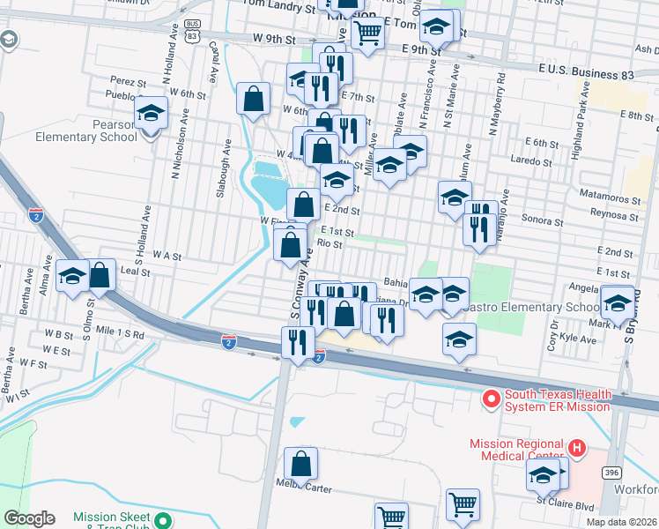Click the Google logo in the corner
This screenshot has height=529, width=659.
[x=29, y=518]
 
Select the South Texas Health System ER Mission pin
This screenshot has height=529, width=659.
[x=491, y=400]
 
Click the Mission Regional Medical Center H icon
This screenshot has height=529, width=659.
[x=577, y=449]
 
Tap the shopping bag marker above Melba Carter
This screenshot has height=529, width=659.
[x=300, y=464]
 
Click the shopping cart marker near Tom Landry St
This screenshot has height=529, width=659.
[x=367, y=34]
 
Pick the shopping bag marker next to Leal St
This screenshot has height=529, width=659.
[x=100, y=275]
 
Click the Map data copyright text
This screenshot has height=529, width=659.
[x=621, y=522]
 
